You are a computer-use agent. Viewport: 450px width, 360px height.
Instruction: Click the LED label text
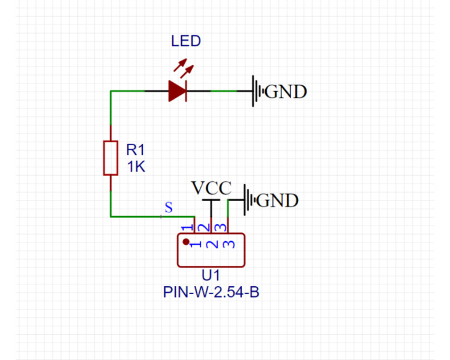(186, 41)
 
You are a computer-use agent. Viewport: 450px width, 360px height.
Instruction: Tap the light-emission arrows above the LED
(184, 68)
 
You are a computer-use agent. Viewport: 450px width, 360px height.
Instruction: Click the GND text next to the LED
(286, 92)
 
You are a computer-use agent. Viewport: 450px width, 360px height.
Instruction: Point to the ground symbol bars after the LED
(257, 91)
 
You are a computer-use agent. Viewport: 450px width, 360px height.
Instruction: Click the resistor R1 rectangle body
(110, 158)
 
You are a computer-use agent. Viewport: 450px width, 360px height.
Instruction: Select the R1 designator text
(135, 149)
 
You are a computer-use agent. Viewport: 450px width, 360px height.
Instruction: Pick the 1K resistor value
(135, 167)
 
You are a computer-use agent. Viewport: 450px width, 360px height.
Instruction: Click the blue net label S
(169, 208)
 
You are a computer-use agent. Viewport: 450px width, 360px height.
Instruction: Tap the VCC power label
(211, 188)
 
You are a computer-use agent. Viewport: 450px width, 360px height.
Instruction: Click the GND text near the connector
(277, 200)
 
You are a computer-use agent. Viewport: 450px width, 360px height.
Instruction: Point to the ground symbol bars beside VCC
(248, 200)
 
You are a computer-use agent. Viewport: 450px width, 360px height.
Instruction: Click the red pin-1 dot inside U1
(187, 242)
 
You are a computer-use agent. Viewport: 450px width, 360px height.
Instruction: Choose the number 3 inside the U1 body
(227, 244)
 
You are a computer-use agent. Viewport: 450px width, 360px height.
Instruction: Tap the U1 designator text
(211, 277)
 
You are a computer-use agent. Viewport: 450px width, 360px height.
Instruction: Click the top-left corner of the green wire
(111, 91)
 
